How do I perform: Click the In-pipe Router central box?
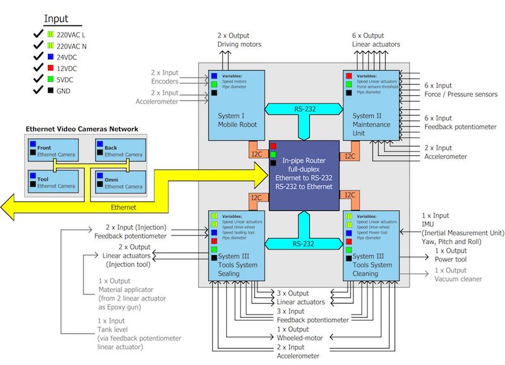[x=304, y=175]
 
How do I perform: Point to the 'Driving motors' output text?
[x=239, y=44]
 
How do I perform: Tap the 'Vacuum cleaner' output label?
[x=458, y=278]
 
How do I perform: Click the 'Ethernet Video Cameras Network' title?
[x=81, y=129]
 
